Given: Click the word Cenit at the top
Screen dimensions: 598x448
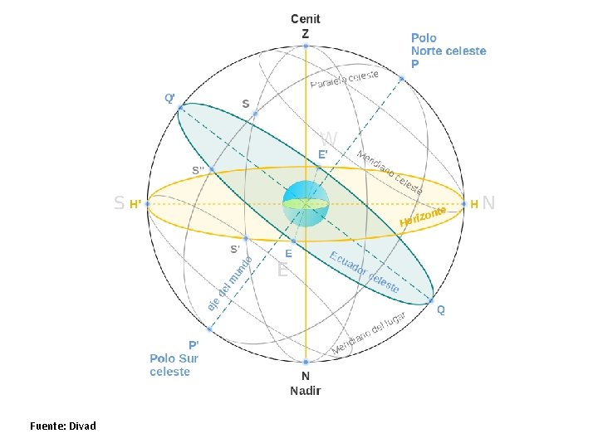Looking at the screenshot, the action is point(305,18).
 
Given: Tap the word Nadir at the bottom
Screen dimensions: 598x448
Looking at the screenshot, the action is point(305,390).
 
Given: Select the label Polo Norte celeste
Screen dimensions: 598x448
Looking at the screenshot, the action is point(448,51).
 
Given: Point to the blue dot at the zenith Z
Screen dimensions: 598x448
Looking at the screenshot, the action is point(306,46).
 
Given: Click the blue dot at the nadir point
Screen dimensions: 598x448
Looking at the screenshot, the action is point(306,362).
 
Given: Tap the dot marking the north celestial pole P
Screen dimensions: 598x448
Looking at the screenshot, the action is point(401,79).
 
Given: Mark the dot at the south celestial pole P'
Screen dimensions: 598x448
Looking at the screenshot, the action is point(209,329).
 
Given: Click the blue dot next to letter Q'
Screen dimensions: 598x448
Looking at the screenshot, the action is point(180,107).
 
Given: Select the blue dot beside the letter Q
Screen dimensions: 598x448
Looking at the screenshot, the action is point(432,300).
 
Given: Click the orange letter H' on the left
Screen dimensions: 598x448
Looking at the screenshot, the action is point(135,203).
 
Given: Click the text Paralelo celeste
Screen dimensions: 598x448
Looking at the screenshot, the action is point(344,80).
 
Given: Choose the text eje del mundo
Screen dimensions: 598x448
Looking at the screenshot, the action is point(230,281).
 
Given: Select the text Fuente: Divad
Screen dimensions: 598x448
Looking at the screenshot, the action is point(63,426).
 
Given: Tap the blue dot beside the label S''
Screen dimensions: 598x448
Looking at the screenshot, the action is point(212,170).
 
